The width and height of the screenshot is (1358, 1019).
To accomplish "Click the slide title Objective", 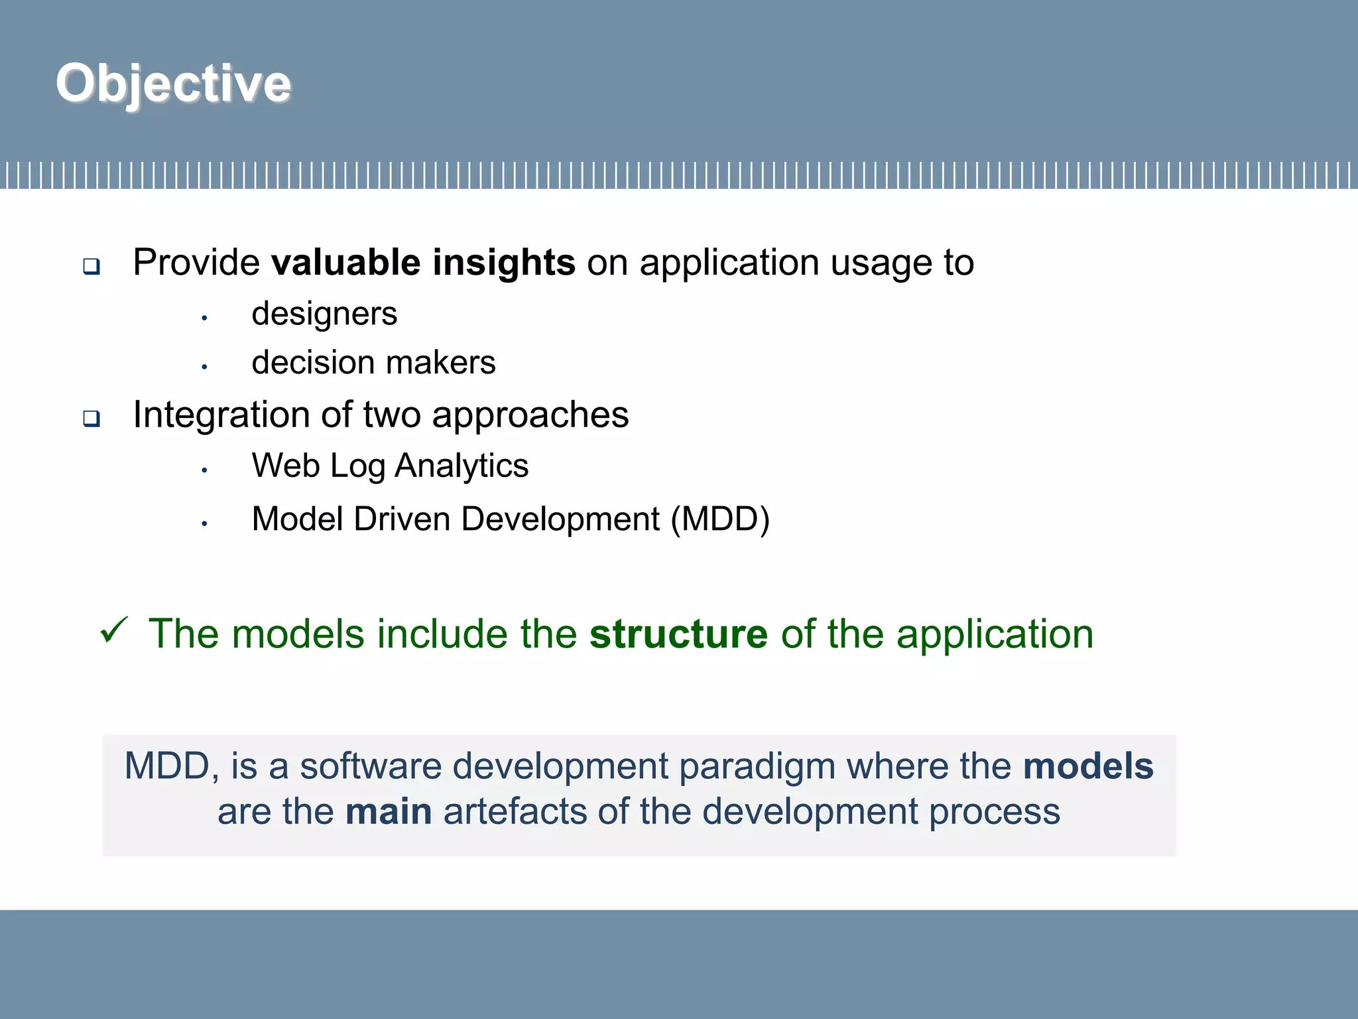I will tap(173, 84).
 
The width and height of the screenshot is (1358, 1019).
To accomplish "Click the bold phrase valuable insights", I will tap(423, 262).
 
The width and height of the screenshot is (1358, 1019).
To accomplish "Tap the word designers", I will tap(324, 314).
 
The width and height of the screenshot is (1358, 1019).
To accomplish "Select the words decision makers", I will tap(373, 363).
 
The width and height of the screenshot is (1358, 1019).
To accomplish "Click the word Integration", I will tap(221, 415).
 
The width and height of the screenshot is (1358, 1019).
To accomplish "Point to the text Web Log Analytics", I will tap(390, 466).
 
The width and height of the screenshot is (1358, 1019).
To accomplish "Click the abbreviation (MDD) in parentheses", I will tap(720, 519).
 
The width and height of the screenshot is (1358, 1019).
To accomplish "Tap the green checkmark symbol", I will tap(113, 630).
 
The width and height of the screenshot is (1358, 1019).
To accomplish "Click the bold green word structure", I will tap(678, 634).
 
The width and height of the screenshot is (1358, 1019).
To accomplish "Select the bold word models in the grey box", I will tap(1088, 766).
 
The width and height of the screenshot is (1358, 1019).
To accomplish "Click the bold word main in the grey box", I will tap(389, 811).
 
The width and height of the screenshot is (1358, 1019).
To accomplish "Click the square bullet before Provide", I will tap(92, 267).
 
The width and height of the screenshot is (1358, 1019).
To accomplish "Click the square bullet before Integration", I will tap(92, 419).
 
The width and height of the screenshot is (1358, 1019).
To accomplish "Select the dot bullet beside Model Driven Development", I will tap(205, 524).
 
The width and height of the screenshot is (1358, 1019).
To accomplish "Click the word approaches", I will tap(530, 415).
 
